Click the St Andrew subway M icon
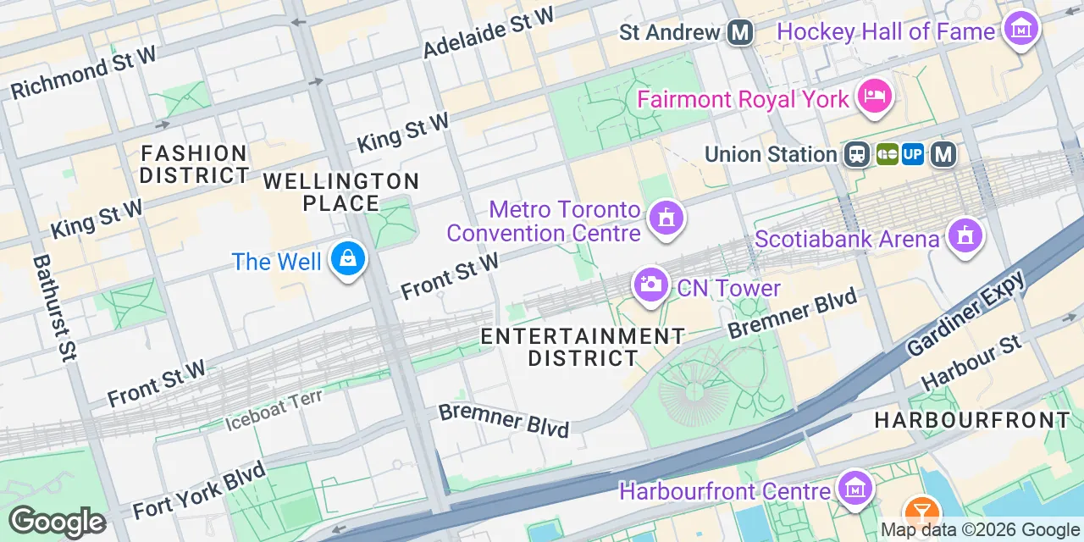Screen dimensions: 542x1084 coord(740,33)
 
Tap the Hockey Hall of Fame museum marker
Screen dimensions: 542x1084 coord(1020,29)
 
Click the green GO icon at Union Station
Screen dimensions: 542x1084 coord(887,154)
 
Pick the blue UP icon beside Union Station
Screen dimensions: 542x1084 coord(913,154)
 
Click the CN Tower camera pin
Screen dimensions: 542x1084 coord(650,285)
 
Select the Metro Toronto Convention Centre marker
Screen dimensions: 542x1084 coord(666,217)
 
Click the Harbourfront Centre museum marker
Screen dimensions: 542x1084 coord(855,488)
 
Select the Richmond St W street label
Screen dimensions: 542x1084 coord(84,73)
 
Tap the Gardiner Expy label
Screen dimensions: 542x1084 coord(965,313)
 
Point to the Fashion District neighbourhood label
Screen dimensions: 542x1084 coord(194,164)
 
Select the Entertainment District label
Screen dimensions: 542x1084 coord(583,347)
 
